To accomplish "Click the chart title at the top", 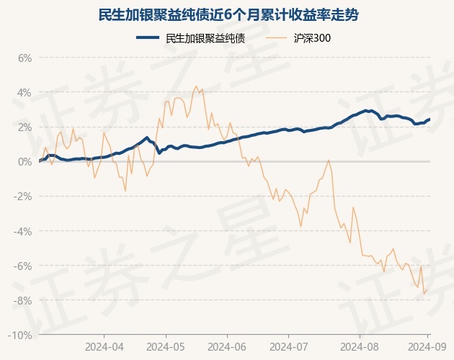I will point(228,14).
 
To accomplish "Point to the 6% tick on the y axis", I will point(25,58).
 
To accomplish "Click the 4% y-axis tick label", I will point(25,93).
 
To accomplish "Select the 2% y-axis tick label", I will point(25,127).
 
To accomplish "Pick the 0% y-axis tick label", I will point(25,162).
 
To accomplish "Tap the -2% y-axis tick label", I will point(24,197).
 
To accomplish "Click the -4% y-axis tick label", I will point(24,231).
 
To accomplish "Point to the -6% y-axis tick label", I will point(24,266).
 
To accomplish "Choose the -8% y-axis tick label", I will point(24,300).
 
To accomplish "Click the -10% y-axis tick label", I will point(22,335).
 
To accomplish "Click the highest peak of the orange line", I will point(197,86).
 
